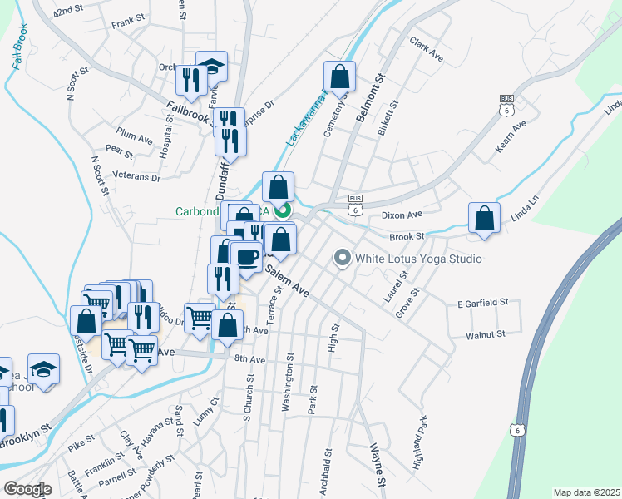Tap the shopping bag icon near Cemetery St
[x=339, y=77]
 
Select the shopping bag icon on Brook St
[x=484, y=219]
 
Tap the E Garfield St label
[x=482, y=304]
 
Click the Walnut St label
[x=486, y=334]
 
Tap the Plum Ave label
[x=135, y=135]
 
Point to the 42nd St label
[x=69, y=12]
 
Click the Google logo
[x=27, y=489]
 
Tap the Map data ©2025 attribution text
[x=585, y=492]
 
